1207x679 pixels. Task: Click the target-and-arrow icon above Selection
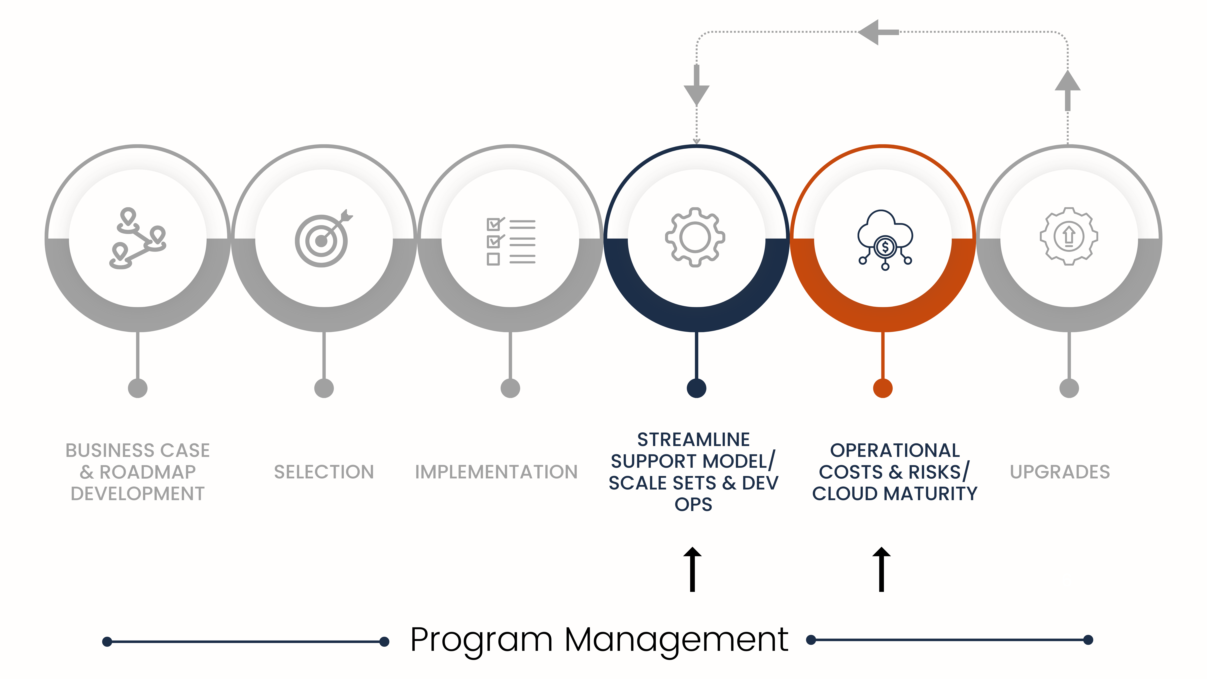point(322,239)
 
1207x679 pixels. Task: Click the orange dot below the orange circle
point(883,388)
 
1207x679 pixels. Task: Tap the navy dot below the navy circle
point(696,388)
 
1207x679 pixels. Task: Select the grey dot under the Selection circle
point(324,388)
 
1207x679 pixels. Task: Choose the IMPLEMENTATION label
point(496,472)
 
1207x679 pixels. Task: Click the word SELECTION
point(324,472)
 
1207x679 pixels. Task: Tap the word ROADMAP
point(148,472)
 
